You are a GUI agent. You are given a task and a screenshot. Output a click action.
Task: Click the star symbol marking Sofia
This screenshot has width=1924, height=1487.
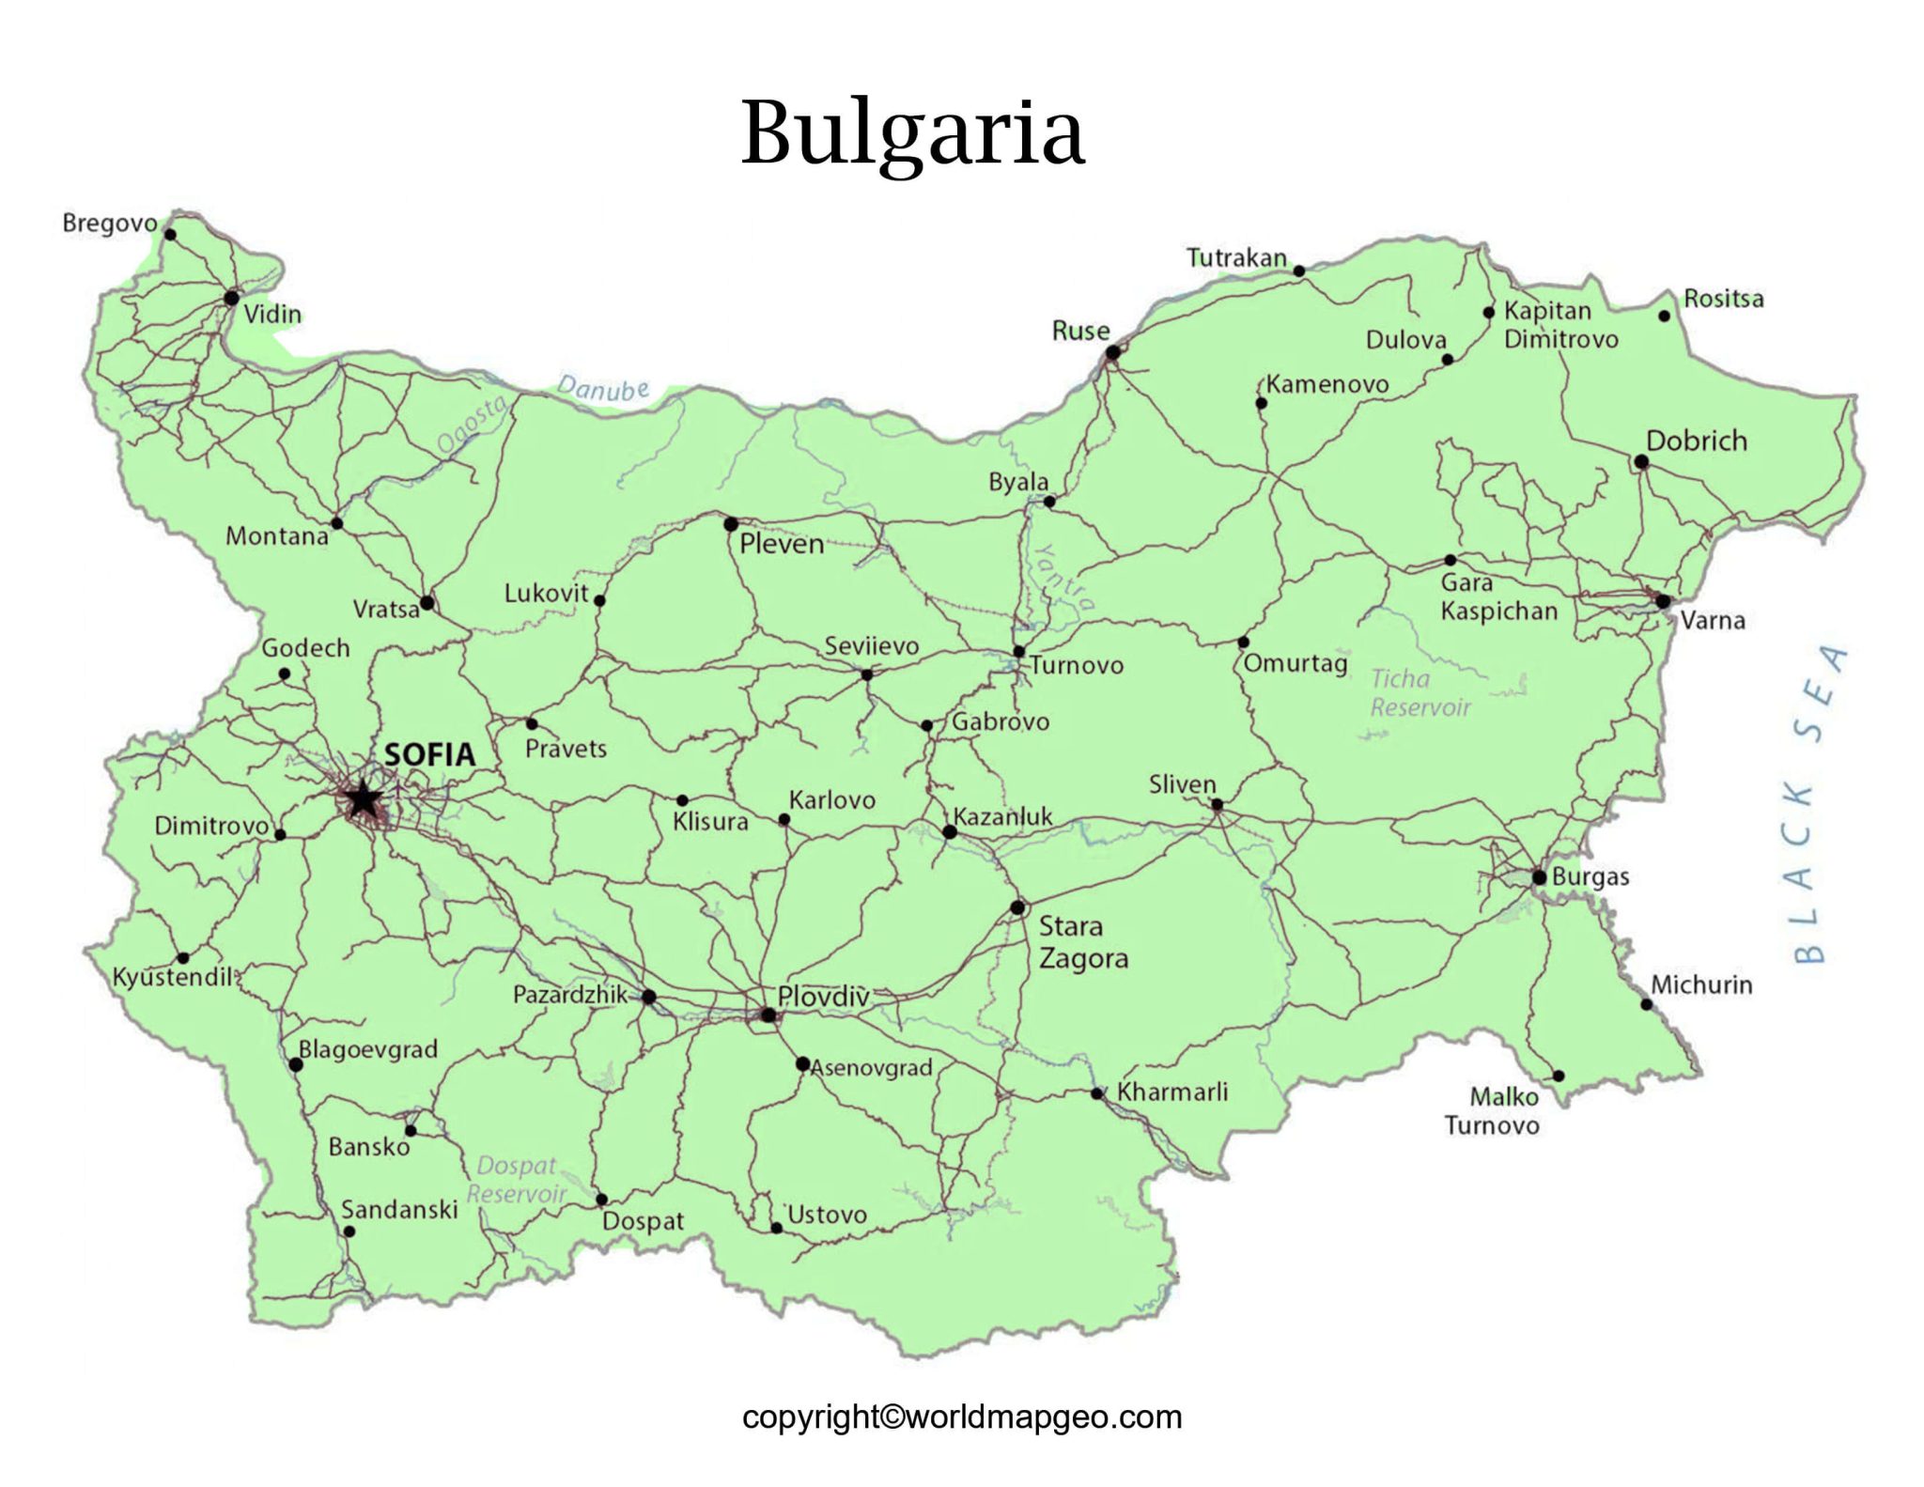click(x=362, y=801)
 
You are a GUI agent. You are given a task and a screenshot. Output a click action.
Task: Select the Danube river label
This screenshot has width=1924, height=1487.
click(x=602, y=388)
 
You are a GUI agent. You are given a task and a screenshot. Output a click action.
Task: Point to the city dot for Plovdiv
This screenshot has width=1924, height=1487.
click(x=768, y=1015)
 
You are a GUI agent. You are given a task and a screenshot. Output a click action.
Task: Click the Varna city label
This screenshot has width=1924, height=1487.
click(x=1712, y=620)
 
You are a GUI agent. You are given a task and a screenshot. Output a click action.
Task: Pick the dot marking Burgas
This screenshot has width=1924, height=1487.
click(x=1539, y=877)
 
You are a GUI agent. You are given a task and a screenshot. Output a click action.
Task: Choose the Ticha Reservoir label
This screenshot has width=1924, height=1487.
click(x=1420, y=693)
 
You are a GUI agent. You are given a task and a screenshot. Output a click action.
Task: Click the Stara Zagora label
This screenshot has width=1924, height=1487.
click(x=1082, y=942)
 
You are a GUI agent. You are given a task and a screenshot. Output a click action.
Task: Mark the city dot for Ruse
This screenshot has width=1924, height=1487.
click(x=1112, y=353)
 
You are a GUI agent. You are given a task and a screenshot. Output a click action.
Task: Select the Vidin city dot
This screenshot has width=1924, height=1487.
click(x=231, y=299)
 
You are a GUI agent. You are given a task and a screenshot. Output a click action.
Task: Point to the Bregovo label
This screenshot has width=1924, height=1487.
click(x=110, y=224)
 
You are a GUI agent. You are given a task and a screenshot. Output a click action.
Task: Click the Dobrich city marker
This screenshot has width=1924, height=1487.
click(x=1641, y=462)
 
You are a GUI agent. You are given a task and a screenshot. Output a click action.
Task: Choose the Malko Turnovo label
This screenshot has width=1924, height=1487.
click(x=1492, y=1111)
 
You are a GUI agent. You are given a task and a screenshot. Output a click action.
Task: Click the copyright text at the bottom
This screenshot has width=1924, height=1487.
click(x=961, y=1417)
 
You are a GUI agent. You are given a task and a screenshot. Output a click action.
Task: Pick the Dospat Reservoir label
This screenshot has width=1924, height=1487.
click(x=517, y=1180)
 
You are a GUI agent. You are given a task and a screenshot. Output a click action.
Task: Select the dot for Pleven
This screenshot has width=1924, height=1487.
click(x=731, y=524)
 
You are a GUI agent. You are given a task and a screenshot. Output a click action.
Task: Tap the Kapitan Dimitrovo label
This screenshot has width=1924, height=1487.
click(x=1559, y=325)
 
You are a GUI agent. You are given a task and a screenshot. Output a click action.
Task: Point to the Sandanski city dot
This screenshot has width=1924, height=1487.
click(x=349, y=1231)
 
